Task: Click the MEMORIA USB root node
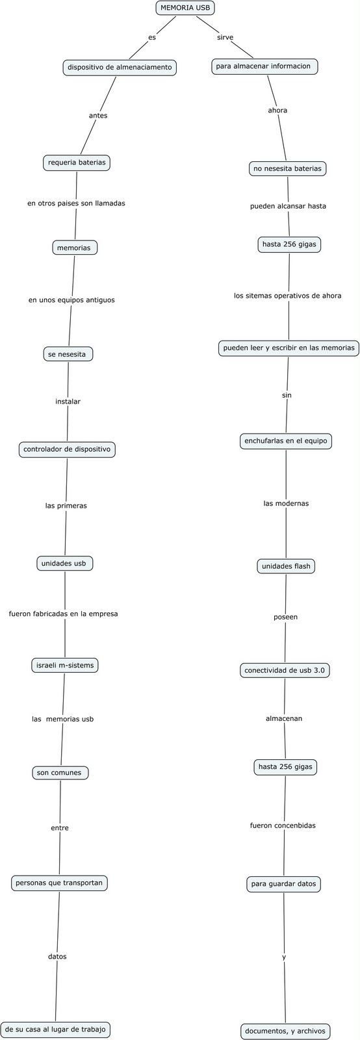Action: (185, 8)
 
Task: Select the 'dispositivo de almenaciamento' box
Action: (120, 68)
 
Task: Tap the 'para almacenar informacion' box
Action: (265, 66)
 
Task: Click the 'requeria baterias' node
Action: (77, 163)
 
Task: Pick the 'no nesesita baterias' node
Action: (287, 169)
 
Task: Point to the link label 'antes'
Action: (98, 116)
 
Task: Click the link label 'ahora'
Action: (277, 110)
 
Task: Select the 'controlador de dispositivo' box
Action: (67, 449)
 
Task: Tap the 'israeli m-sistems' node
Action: (65, 666)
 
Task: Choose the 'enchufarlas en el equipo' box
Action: (286, 441)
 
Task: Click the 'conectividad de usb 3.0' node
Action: (285, 670)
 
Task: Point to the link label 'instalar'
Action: (68, 402)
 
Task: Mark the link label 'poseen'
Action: (285, 617)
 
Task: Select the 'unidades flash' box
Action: (286, 566)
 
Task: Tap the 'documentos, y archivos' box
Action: (285, 1031)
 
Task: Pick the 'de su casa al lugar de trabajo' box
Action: (55, 1030)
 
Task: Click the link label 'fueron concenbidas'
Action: (283, 825)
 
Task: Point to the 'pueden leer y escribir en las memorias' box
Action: (289, 348)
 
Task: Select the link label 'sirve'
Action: (225, 38)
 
